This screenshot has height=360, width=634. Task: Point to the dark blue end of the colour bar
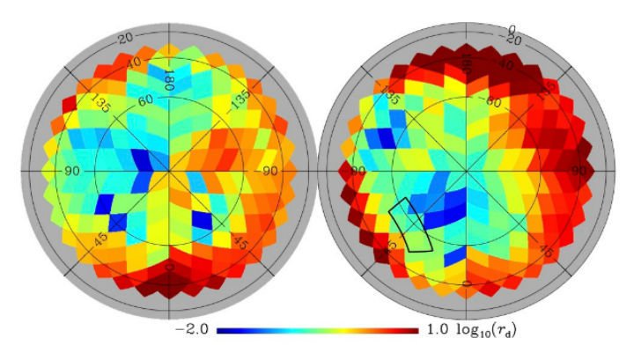coord(220,332)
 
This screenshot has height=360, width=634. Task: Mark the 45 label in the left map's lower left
coord(92,239)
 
